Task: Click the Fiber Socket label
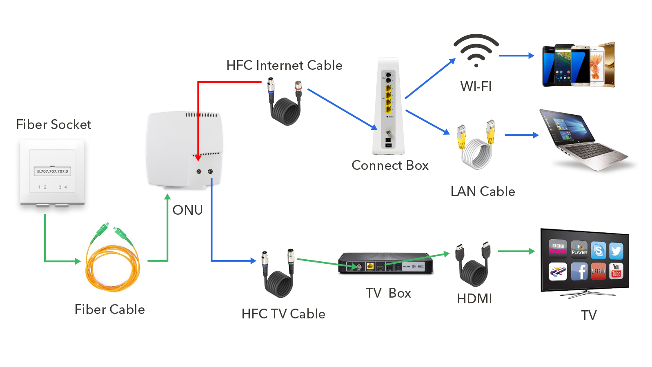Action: [x=53, y=125]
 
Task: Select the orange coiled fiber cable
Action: [x=112, y=265]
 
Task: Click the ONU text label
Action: [x=187, y=210]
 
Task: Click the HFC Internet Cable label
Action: [x=284, y=65]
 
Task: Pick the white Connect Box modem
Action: [x=389, y=106]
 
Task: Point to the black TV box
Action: [x=385, y=263]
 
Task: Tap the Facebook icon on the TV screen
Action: [x=579, y=271]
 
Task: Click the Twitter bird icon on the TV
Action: [x=616, y=251]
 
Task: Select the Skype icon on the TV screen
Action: [x=598, y=250]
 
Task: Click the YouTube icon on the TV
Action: [x=616, y=271]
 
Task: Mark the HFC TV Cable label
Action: [x=283, y=314]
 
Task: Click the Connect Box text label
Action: [x=390, y=165]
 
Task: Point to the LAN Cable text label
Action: [x=483, y=191]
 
